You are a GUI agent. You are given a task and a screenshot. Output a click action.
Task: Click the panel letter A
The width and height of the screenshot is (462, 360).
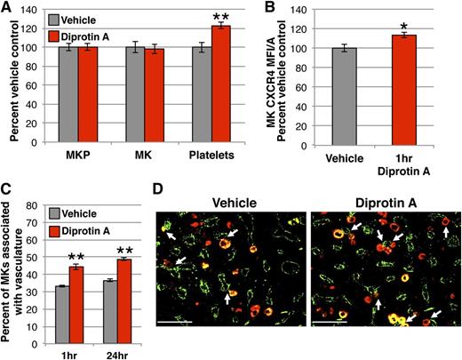click(x=6, y=8)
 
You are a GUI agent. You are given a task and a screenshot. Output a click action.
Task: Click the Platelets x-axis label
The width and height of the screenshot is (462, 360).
click(x=204, y=156)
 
